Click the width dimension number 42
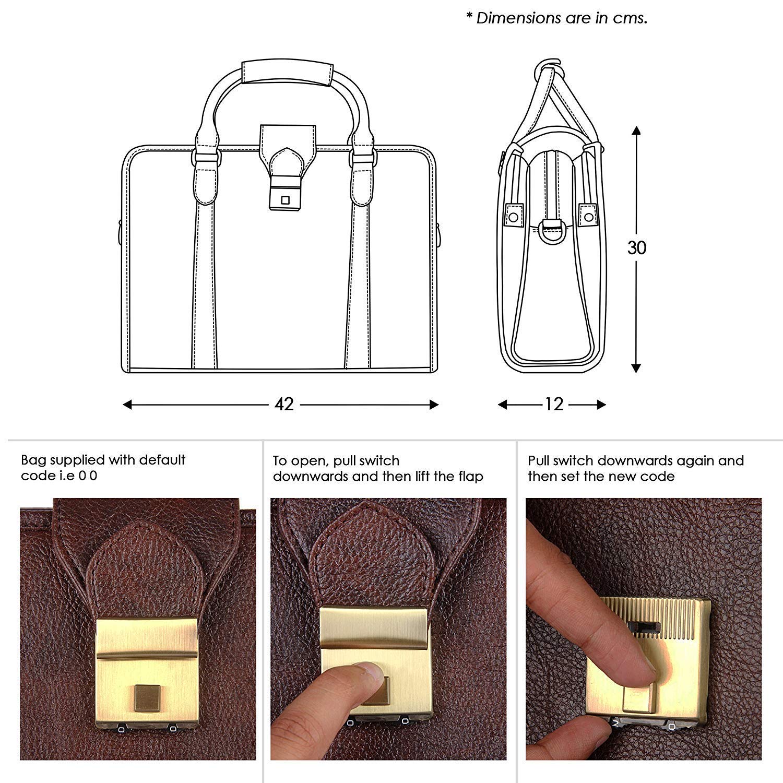tap(284, 404)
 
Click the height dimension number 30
tap(637, 247)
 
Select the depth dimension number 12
tap(554, 404)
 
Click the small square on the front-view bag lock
tap(285, 200)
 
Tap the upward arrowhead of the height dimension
tap(636, 129)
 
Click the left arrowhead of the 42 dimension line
tap(127, 405)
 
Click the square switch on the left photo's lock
tap(147, 698)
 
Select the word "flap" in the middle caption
tap(469, 477)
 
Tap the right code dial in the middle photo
tap(405, 721)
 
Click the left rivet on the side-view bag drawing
tap(514, 216)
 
